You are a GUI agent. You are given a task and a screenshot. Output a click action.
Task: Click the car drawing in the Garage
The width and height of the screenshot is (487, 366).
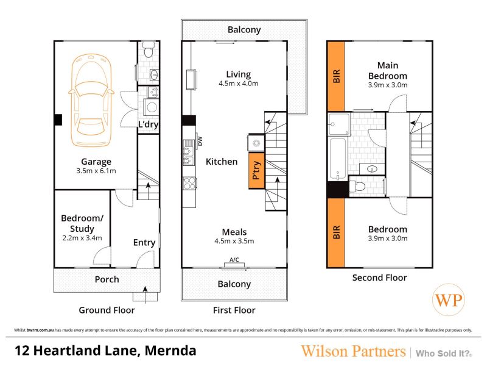point(91,100)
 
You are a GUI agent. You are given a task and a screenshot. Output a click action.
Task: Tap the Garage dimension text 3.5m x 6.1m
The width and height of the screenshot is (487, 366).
point(96,171)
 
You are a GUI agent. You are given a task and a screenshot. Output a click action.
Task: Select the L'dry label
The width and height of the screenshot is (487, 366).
point(148,124)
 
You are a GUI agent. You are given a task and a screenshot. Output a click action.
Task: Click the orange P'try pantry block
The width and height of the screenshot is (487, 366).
point(256,171)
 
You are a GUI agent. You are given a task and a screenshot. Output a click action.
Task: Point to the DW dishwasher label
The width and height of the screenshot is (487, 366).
point(200,142)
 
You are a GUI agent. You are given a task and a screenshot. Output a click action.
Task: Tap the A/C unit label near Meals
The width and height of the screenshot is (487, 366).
point(234,260)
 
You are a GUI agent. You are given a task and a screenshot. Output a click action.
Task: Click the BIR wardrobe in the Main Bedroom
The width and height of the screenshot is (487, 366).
point(336,76)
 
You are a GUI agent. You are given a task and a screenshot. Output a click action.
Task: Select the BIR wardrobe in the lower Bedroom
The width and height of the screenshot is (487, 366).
point(336,232)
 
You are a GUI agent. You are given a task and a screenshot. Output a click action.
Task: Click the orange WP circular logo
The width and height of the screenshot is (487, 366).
point(449,300)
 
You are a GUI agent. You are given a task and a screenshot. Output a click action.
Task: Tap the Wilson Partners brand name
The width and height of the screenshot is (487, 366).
point(353,351)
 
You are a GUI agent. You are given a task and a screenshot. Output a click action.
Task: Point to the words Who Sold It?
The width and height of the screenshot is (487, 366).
point(444,354)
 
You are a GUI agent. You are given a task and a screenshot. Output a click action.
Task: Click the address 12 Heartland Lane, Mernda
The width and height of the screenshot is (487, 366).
point(105,351)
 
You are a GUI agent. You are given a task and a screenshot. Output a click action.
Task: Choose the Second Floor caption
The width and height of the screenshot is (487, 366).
point(379,278)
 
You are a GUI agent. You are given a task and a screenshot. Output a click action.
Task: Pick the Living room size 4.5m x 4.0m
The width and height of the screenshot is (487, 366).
point(238,84)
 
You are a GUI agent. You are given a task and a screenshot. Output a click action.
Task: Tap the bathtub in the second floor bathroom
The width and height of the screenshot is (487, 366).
point(338,159)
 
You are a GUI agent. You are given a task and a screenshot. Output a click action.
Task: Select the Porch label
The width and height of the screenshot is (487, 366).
point(107,279)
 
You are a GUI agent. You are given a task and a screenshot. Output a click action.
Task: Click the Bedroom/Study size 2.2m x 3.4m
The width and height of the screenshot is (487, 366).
point(82,238)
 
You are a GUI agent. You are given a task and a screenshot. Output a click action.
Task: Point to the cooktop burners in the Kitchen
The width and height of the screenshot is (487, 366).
point(189,184)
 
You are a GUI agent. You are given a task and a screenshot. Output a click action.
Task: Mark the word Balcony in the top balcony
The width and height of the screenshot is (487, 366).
point(244,30)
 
